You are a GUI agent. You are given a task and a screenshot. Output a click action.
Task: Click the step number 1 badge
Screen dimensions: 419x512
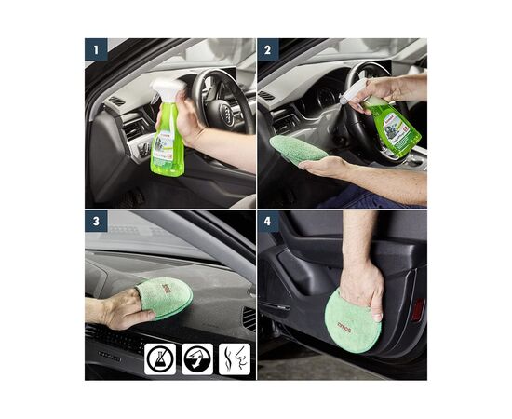96,48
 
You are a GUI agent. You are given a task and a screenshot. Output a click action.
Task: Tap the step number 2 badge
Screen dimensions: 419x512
268,48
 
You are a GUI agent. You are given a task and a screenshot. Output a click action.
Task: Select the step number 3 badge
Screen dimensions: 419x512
96,220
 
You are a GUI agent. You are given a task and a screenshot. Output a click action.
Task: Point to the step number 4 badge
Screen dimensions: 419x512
268,220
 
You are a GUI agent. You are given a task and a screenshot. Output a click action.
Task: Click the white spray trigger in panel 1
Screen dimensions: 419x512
168,89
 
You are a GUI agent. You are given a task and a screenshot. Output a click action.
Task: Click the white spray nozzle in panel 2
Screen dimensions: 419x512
355,90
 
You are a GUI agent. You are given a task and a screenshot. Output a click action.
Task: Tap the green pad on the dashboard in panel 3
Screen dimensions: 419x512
166,296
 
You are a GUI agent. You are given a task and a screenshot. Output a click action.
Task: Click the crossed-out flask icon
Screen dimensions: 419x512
159,359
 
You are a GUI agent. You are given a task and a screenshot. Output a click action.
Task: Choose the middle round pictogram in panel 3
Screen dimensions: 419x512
197,359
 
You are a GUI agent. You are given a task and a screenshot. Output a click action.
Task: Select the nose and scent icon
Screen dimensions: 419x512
234,359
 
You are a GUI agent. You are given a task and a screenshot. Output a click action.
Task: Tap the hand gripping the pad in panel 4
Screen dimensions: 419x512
361,282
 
